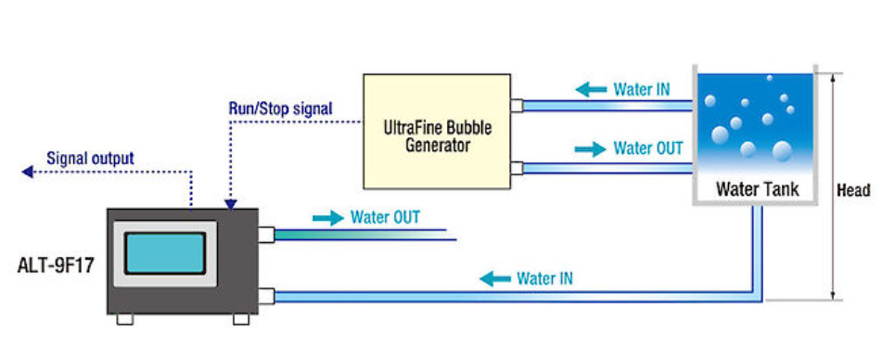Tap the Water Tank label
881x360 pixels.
[757, 190]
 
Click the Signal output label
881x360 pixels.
[90, 158]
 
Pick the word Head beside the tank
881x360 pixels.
[853, 190]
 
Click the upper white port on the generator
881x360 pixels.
[517, 106]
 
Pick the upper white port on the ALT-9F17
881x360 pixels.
[265, 235]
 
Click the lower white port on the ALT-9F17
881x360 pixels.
[265, 297]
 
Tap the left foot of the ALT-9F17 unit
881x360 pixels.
[125, 319]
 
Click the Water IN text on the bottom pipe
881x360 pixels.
[543, 277]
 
